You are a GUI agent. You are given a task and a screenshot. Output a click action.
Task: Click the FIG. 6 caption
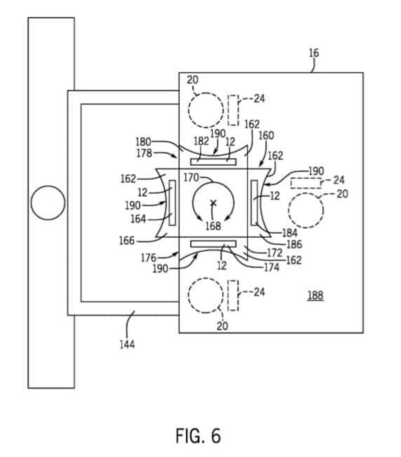[x=198, y=436]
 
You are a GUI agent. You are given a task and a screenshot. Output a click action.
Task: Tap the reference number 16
[x=314, y=53]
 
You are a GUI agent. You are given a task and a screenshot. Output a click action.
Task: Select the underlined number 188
[x=315, y=295]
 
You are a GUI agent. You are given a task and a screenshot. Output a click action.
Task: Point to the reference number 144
[x=127, y=344]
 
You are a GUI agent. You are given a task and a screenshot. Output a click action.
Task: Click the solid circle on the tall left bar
[x=48, y=203]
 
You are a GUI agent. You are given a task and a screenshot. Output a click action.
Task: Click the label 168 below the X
[x=213, y=226]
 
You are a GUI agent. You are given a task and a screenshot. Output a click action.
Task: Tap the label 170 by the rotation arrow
[x=191, y=177]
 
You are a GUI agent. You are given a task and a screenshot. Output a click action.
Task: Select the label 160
[x=266, y=135]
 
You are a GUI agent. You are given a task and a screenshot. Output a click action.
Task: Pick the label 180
[x=143, y=142]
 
